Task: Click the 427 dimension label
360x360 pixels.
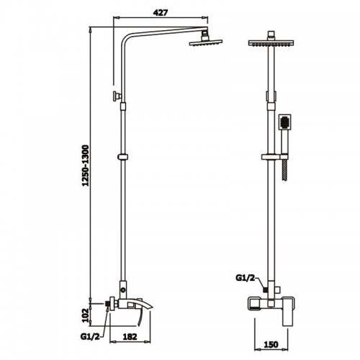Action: click(161, 12)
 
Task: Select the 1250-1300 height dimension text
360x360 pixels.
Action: click(85, 166)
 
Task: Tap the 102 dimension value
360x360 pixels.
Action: click(86, 315)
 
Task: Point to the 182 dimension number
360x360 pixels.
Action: click(130, 337)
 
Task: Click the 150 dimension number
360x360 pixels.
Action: click(271, 345)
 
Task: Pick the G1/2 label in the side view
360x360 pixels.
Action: click(90, 336)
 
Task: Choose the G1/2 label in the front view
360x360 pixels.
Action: click(245, 278)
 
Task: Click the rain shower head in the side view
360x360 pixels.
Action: click(206, 42)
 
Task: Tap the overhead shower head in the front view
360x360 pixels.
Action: click(271, 43)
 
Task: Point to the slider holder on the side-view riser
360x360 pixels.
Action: click(123, 157)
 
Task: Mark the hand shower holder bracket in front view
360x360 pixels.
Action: click(274, 157)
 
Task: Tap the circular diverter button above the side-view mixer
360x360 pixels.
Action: click(123, 290)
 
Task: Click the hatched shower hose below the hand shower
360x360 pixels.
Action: click(285, 170)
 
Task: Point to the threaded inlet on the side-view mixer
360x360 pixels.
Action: click(108, 304)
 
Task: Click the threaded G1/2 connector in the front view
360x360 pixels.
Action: click(265, 290)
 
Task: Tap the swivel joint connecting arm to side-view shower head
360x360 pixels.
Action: click(204, 35)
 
